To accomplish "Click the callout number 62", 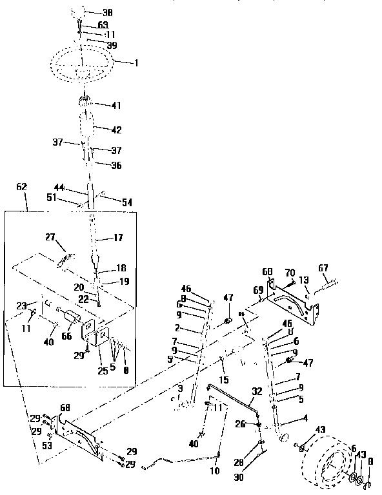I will (21, 186).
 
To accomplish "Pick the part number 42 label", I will (116, 130).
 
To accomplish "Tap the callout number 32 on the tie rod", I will (256, 391).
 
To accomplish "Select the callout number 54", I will (126, 202).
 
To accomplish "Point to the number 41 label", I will (116, 105).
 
